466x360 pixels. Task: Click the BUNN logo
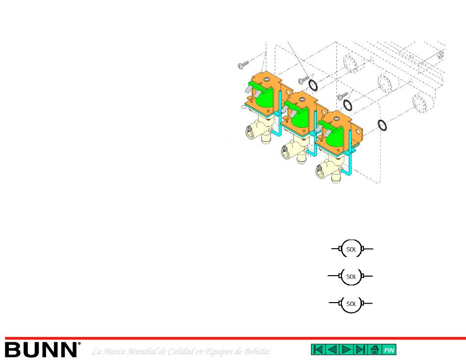42,350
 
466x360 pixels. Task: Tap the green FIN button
388,350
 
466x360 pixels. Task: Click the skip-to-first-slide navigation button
318,350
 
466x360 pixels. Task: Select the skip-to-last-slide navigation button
361,350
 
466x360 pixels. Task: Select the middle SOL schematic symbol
351,276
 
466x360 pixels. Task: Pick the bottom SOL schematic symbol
351,304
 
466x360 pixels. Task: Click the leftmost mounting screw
243,65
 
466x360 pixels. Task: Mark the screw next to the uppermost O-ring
303,79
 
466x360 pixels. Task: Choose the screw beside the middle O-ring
342,96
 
